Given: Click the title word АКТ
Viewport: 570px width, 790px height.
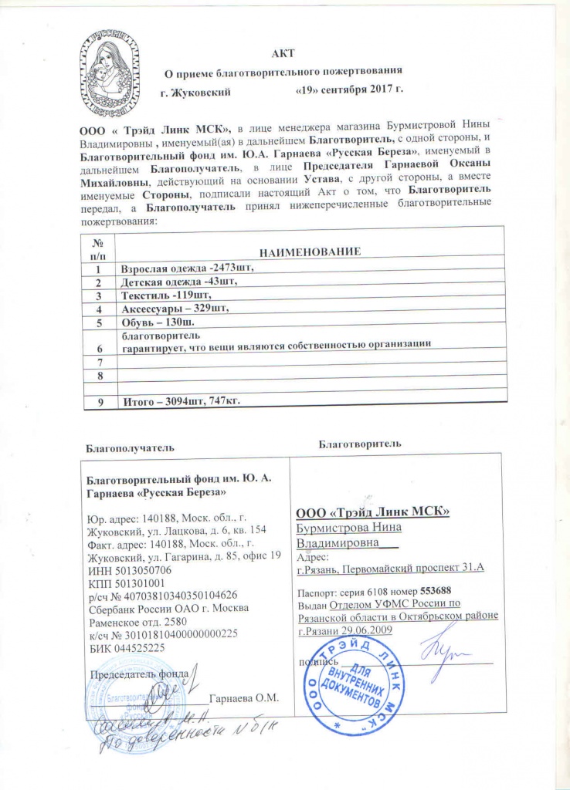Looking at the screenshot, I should [283, 53].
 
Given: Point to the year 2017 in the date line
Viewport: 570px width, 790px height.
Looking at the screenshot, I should [378, 91].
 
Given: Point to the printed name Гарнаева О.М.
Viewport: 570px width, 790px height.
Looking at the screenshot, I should [243, 699].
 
